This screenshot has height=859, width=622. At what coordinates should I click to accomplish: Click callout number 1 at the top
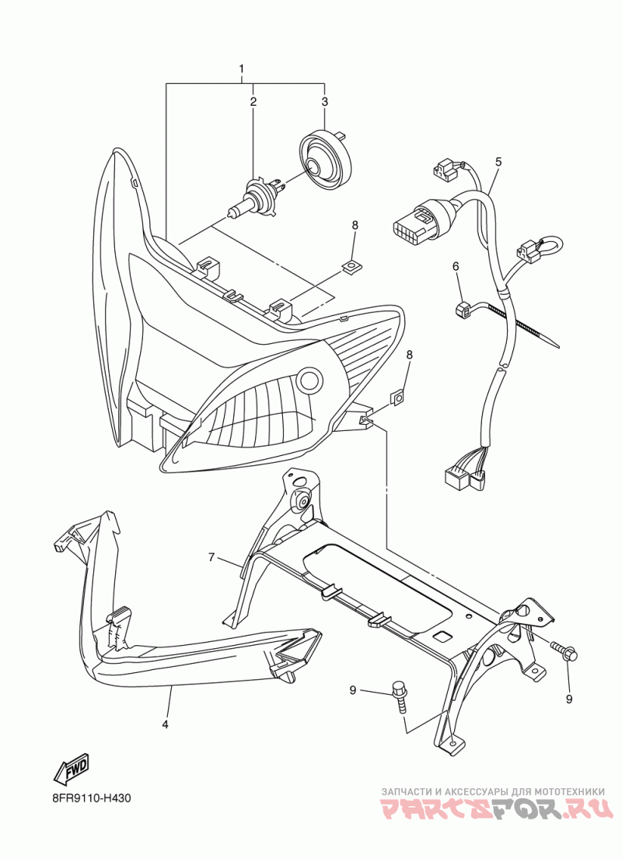click(x=242, y=69)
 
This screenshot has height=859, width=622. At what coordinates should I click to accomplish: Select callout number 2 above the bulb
click(x=253, y=102)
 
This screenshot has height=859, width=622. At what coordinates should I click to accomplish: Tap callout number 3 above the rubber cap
click(x=325, y=102)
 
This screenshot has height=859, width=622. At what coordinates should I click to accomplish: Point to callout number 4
click(x=165, y=724)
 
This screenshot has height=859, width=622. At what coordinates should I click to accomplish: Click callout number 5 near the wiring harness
click(x=498, y=162)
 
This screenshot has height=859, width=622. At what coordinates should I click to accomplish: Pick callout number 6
click(x=456, y=267)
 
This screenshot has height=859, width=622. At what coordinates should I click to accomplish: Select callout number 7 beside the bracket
click(x=211, y=557)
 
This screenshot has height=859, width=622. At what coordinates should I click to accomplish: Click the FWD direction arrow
click(x=72, y=768)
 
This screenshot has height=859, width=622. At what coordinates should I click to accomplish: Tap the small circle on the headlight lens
click(x=310, y=380)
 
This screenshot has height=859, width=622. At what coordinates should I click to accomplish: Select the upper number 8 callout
click(x=355, y=226)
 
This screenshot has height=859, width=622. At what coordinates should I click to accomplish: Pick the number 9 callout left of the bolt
click(x=353, y=690)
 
